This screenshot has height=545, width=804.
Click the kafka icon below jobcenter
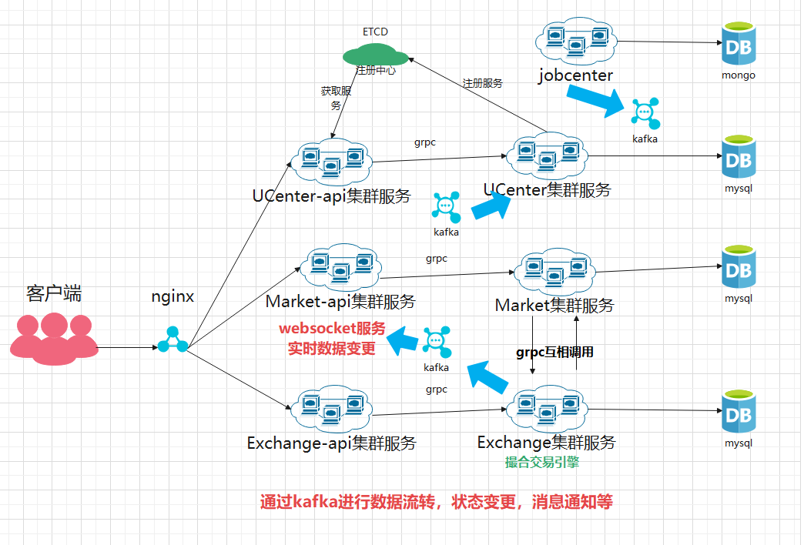tap(645, 113)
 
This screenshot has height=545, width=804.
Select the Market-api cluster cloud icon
tap(340, 266)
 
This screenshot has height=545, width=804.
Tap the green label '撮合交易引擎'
tap(542, 462)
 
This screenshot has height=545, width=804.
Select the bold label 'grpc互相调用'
tap(554, 352)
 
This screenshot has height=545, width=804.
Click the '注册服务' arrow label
tap(483, 83)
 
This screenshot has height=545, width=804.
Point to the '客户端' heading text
tap(54, 293)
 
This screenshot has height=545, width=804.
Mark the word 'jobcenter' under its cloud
tap(576, 75)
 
